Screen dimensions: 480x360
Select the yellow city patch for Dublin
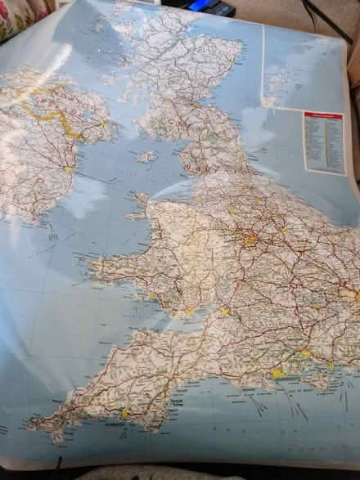pyautogui.click(x=69, y=169)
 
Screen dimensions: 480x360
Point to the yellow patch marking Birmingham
pyautogui.click(x=250, y=240)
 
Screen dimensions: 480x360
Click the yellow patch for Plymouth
pyautogui.click(x=126, y=414)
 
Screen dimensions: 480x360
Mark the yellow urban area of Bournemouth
pyautogui.click(x=278, y=373)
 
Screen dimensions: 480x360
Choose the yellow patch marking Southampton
pyautogui.click(x=306, y=353)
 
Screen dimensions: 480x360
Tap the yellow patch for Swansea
pyautogui.click(x=152, y=295)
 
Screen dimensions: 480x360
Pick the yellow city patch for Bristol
pyautogui.click(x=225, y=311)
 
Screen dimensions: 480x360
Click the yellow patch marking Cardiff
pyautogui.click(x=190, y=310)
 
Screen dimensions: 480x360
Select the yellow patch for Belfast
pyautogui.click(x=101, y=123)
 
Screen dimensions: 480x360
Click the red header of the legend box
pyautogui.click(x=323, y=115)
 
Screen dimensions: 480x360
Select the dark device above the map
pyautogui.click(x=209, y=7)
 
